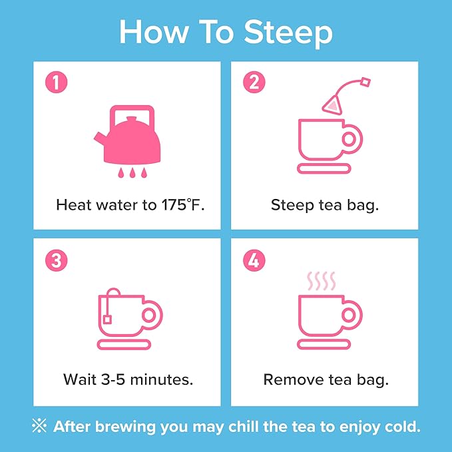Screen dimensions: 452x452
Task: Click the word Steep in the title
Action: coord(288,33)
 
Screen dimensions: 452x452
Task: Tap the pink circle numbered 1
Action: coord(56,82)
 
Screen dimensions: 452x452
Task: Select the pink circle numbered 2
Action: coord(254,82)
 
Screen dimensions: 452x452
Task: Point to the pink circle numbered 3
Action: coord(56,260)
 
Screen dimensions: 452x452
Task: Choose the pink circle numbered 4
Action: coord(254,260)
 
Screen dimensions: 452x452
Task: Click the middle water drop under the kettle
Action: coord(132,172)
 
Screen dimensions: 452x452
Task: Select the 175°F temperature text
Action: coord(183,205)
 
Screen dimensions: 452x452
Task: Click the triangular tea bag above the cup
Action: coord(332,105)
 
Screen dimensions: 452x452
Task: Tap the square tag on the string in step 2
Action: coord(365,83)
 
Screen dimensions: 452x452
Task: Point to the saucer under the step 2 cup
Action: coord(324,168)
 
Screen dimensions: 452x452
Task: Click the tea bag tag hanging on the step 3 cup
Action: coord(108,320)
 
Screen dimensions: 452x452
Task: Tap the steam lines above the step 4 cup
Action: coord(321,281)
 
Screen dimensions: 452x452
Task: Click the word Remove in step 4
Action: coord(294,379)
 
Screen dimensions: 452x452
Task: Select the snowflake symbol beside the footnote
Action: coord(39,426)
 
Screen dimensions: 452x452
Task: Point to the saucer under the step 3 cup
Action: coord(124,344)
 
